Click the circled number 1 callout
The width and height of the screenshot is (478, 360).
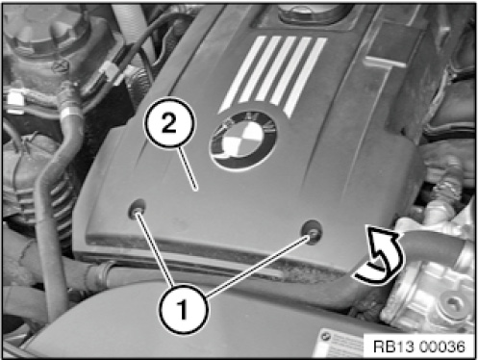coord(183,309)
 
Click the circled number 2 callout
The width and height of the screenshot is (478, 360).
coord(169,123)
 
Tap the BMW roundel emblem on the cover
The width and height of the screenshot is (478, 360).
coord(243,141)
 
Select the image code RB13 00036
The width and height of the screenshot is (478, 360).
coord(419,347)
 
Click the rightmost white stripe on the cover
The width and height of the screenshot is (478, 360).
coord(305,77)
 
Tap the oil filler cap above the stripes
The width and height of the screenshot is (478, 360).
coord(310,12)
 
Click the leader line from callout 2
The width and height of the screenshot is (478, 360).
coord(188,167)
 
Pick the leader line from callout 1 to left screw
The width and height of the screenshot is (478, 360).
coord(155,249)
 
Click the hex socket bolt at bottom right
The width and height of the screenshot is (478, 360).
coord(451,305)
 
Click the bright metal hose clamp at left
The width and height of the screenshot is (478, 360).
coord(69,112)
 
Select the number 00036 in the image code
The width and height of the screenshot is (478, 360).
coord(441,347)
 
